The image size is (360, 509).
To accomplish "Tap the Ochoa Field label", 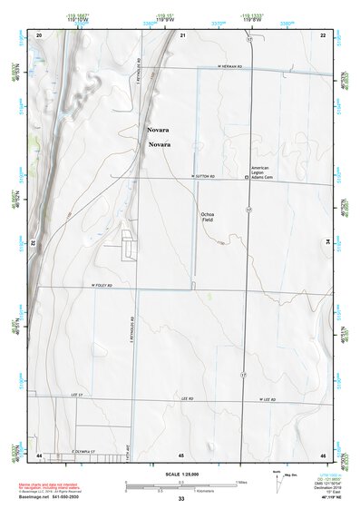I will pos(209,217).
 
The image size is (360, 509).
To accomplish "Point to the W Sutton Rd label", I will pos(206,176).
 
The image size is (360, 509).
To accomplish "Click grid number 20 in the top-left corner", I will pos(40,34).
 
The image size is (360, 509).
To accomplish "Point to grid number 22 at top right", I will pos(323,34).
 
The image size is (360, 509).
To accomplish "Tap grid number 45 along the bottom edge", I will pos(181,455).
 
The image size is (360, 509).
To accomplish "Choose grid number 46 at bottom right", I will pos(323,455).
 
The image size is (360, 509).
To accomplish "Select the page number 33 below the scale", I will pos(181,499).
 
